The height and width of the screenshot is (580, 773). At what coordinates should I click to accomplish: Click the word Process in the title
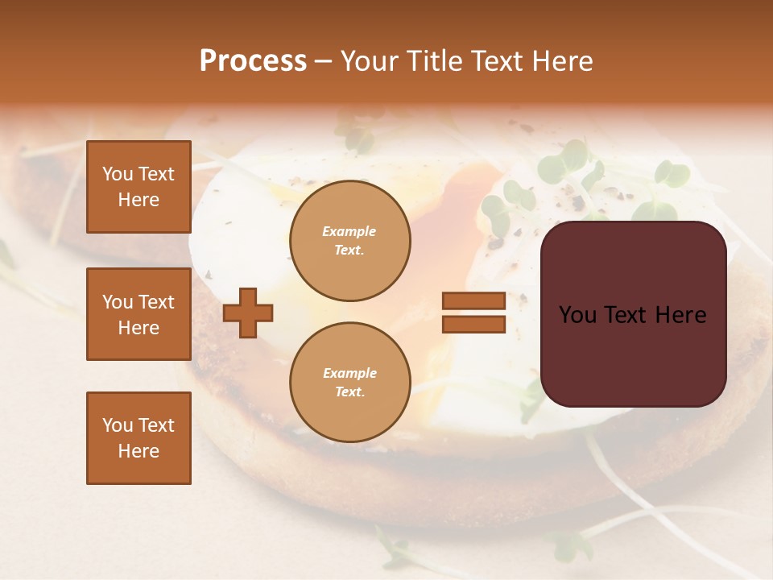point(253,61)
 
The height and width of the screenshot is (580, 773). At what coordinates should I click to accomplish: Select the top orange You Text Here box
point(138,187)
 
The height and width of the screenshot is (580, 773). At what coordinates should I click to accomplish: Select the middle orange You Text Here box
point(138,314)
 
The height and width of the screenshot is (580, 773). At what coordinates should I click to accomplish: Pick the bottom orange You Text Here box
point(138,438)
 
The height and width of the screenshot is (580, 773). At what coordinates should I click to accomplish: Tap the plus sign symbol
point(248,313)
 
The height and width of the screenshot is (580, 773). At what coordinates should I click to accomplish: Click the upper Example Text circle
point(349,241)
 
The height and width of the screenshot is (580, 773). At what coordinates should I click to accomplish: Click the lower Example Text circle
point(349,383)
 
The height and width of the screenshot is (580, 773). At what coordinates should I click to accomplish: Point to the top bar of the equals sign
point(473,300)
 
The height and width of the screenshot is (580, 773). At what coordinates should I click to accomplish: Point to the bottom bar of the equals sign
point(473,325)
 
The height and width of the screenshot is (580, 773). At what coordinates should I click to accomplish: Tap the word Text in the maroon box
point(632,315)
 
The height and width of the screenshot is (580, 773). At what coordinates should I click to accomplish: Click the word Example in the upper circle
point(349,232)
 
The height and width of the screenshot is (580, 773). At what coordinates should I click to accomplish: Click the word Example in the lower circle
point(349,374)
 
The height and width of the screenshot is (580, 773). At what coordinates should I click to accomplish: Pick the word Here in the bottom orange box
point(138,451)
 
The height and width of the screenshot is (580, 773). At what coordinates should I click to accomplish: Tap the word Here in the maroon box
point(681,315)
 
